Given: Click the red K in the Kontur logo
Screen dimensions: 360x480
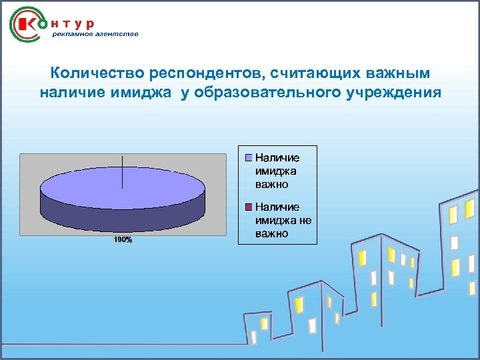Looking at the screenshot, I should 29,25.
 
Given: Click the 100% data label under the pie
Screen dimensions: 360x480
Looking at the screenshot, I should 122,239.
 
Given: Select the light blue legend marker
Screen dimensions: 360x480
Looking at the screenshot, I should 249,158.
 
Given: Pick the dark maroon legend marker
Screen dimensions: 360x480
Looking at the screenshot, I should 249,207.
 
